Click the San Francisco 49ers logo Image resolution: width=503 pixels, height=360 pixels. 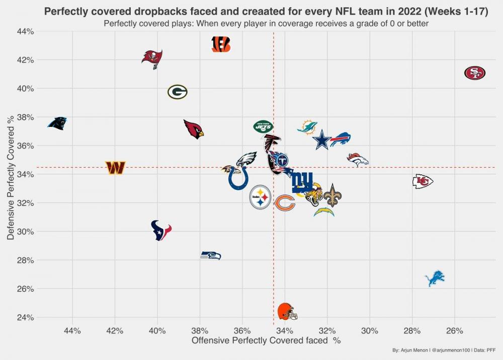click(474, 73)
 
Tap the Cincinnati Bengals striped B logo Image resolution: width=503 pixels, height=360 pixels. click(221, 44)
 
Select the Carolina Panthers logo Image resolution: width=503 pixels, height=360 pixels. click(57, 123)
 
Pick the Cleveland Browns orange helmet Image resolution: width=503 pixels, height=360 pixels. click(287, 311)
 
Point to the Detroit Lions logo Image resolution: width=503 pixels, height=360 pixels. click(435, 278)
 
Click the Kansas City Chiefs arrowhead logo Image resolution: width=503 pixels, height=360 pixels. click(423, 181)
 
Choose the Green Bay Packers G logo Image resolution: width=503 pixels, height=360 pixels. click(177, 92)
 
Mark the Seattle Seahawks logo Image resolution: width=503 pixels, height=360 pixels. click(211, 255)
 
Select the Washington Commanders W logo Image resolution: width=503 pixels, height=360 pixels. click(115, 168)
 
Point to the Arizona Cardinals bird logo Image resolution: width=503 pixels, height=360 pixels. click(194, 129)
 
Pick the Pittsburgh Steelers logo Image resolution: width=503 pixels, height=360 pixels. click(260, 197)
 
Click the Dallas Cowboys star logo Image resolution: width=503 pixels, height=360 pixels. click(322, 140)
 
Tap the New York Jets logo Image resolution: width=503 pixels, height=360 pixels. click(263, 126)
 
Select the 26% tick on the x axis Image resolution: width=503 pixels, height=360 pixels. click(454, 331)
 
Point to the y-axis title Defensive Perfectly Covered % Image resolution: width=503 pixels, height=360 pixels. click(10, 178)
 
